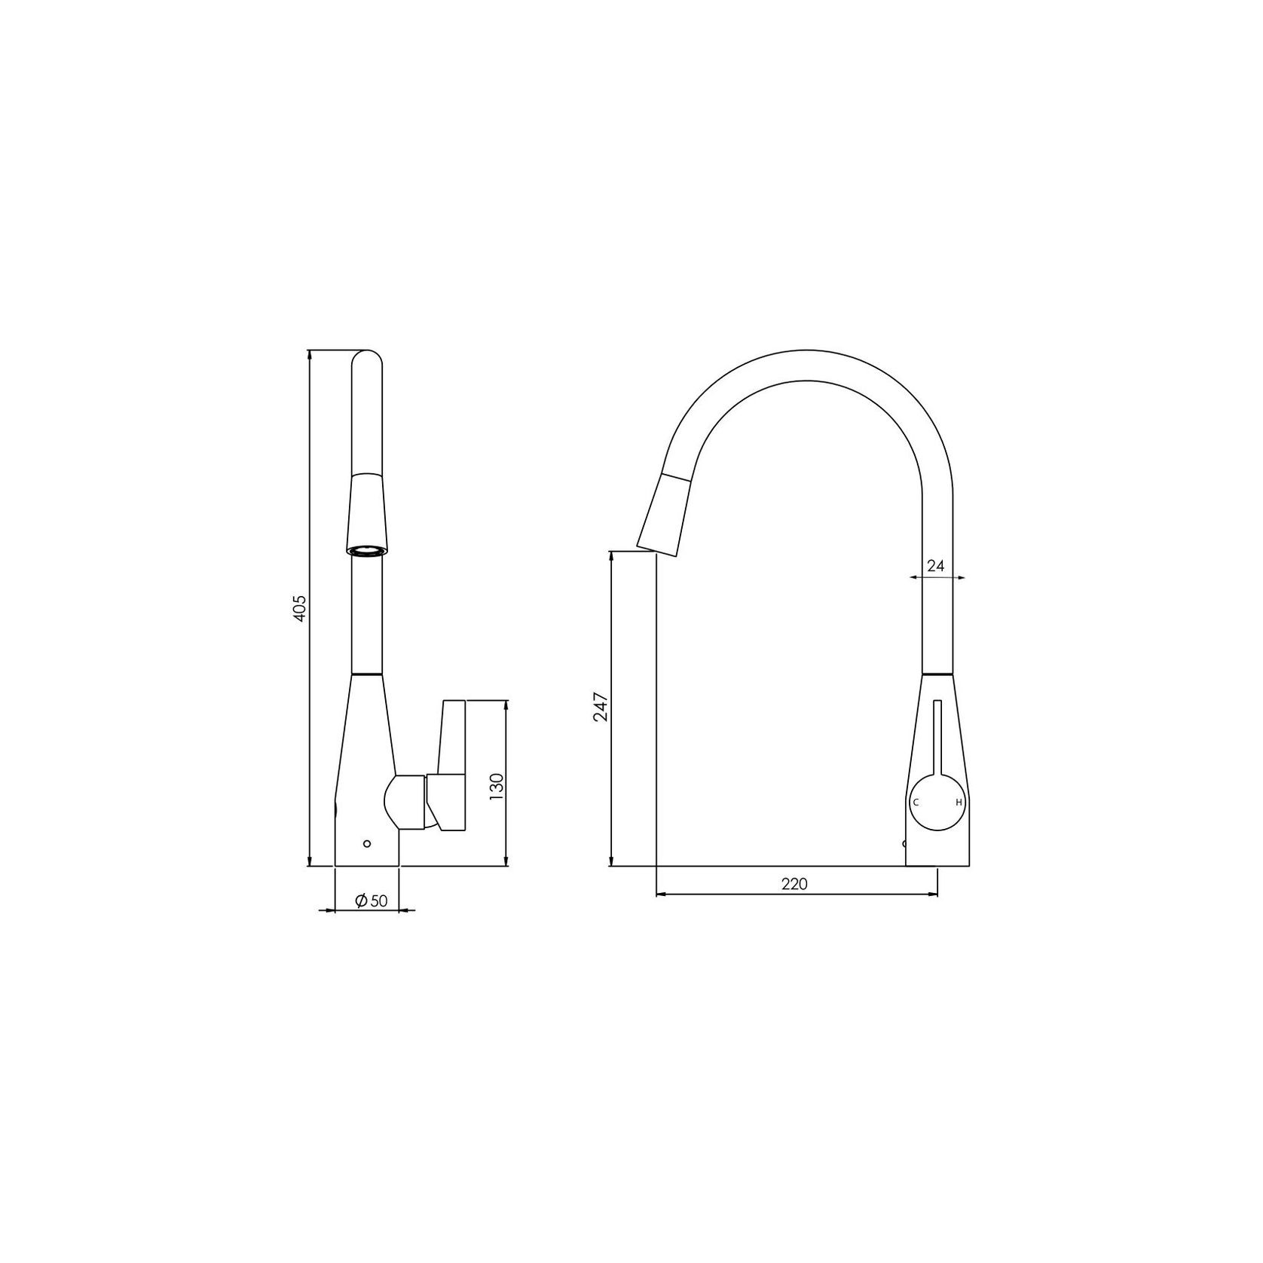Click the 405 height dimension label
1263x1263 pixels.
coord(300,608)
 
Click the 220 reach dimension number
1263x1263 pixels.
coord(794,884)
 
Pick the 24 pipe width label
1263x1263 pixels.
coord(935,566)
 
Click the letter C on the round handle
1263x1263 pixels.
coord(916,803)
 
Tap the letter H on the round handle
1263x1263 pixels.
coord(959,803)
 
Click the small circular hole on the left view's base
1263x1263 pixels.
coord(367,843)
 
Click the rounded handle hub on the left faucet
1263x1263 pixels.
coord(405,802)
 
